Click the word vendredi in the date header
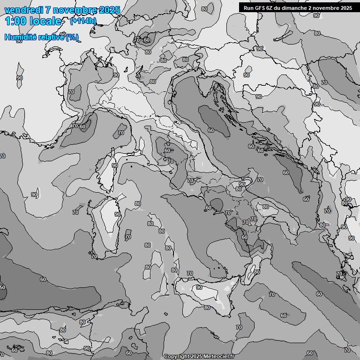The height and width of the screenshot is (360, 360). click(x=21, y=10)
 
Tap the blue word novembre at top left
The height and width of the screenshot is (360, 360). click(x=73, y=10)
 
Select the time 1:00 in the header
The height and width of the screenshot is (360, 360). click(x=15, y=21)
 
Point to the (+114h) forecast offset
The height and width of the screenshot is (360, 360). click(x=83, y=21)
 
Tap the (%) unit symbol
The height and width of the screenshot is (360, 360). click(x=72, y=37)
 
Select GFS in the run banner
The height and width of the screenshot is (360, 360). click(x=260, y=8)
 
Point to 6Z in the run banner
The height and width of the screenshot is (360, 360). click(x=271, y=8)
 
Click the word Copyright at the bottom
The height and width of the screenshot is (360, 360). click(x=176, y=357)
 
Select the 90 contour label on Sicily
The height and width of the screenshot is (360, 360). click(x=199, y=287)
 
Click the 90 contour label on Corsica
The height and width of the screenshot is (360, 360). click(x=114, y=165)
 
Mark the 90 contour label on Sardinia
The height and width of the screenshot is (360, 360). click(x=118, y=214)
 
